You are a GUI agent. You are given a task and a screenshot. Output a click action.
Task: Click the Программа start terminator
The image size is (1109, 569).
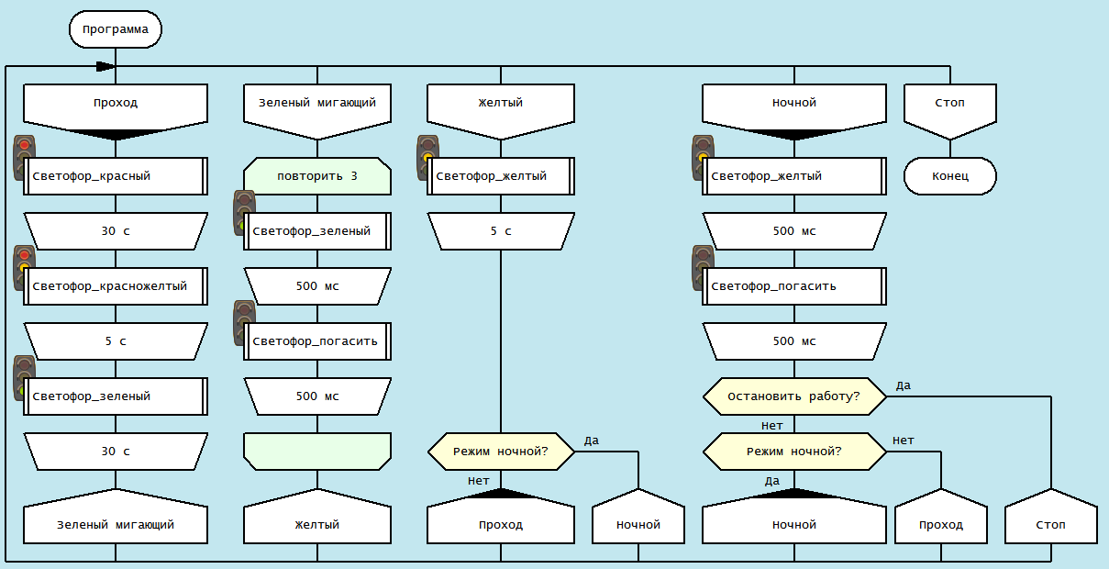coord(116,29)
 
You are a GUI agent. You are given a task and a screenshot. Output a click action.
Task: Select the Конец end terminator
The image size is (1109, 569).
coord(950,176)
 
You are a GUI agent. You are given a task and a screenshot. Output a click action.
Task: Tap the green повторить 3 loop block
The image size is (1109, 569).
coord(317,176)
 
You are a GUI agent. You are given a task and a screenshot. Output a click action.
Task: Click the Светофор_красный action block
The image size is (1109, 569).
coord(116,176)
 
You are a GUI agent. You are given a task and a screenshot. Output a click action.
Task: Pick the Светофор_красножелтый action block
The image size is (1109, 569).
coord(116,286)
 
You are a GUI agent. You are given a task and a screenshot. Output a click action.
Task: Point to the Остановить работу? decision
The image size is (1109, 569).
coord(794,396)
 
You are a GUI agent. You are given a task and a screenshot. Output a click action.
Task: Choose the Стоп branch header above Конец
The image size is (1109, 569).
coord(950,106)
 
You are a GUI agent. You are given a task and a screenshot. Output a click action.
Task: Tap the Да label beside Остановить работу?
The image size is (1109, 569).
coord(904,385)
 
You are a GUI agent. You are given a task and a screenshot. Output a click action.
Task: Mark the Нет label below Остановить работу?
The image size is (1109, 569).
coord(772,426)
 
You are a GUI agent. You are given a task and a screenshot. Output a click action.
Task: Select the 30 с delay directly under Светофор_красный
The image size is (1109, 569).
coord(116,231)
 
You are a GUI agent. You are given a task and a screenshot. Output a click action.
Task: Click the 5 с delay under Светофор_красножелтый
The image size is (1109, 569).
coord(116,341)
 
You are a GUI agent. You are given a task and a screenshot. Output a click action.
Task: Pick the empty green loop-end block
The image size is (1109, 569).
coord(317,452)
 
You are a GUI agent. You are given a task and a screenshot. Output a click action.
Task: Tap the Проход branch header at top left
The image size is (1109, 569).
coord(116,106)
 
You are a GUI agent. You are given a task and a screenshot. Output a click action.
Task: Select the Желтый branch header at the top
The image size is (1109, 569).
coord(501,106)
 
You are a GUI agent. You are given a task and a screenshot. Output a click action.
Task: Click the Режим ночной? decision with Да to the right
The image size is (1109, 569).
coord(501,452)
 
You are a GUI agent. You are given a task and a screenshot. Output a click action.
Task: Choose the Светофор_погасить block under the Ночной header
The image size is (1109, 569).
coord(794,286)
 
